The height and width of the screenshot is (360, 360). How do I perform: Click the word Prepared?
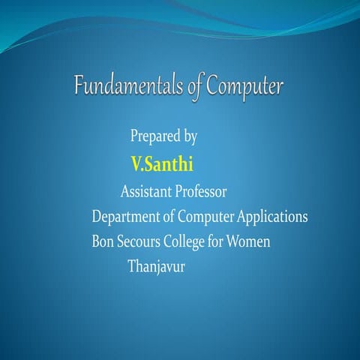(x=151, y=136)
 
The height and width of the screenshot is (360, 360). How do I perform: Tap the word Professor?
(x=201, y=191)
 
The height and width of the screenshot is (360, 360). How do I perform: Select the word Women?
(x=253, y=242)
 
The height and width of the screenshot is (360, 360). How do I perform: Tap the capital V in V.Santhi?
(x=136, y=163)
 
